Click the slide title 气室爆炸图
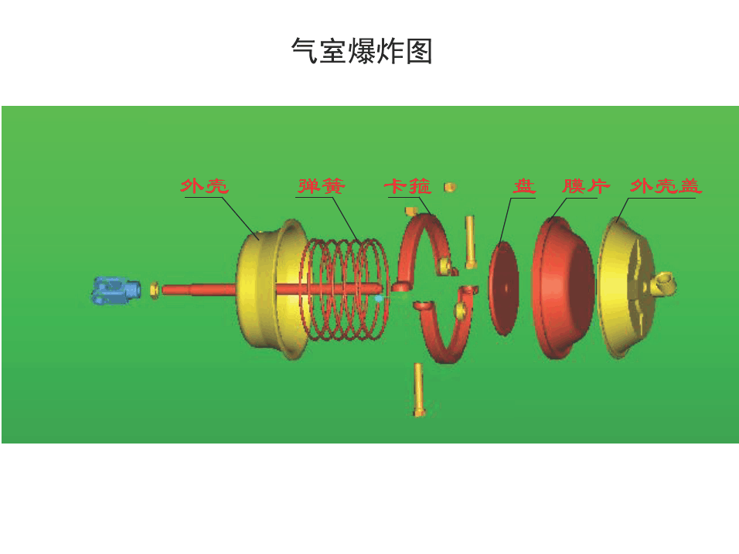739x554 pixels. coord(361,52)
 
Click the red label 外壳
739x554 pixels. coord(205,186)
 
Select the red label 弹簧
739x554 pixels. coord(322,186)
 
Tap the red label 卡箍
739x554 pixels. coord(407,186)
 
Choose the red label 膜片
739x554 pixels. coord(586,186)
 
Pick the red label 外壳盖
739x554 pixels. coord(666,186)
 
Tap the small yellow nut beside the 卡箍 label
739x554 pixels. coord(450,186)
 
